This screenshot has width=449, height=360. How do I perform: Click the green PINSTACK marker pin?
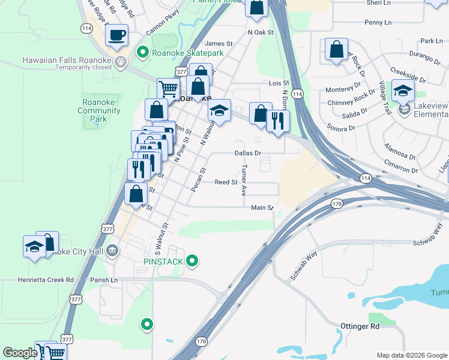pyautogui.click(x=192, y=261)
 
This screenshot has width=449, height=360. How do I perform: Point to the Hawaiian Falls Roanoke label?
pyautogui.click(x=67, y=60)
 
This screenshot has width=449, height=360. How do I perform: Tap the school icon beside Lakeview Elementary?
pyautogui.click(x=403, y=91)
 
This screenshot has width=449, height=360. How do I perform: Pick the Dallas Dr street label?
pyautogui.click(x=248, y=153)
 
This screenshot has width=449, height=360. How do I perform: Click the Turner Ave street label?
pyautogui.click(x=244, y=181)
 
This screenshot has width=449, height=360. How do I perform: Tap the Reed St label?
pyautogui.click(x=226, y=182)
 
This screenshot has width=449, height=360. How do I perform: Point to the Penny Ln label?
pyautogui.click(x=378, y=22)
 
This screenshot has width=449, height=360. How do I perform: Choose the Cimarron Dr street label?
pyautogui.click(x=400, y=170)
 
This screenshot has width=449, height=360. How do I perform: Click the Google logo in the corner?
pyautogui.click(x=19, y=353)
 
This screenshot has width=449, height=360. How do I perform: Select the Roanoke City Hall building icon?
pyautogui.click(x=112, y=251)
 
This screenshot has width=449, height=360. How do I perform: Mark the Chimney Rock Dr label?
pyautogui.click(x=356, y=99)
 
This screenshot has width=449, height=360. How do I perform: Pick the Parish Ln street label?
pyautogui.click(x=104, y=280)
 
